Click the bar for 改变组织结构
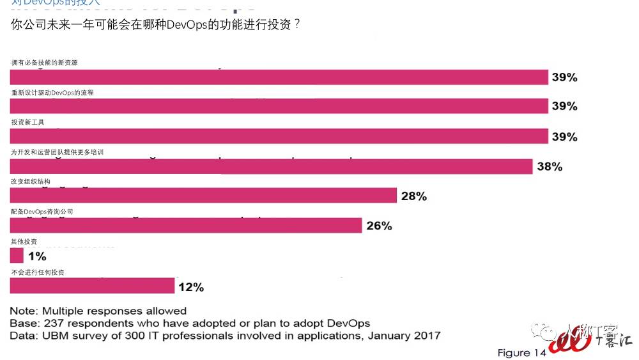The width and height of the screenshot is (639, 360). click(x=203, y=196)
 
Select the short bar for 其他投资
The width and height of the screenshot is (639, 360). click(x=17, y=256)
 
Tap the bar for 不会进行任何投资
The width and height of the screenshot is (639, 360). click(x=92, y=286)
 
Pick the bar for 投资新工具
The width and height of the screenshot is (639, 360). click(x=279, y=136)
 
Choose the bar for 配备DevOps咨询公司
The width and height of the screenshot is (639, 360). click(x=186, y=226)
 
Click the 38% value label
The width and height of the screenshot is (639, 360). click(x=550, y=167)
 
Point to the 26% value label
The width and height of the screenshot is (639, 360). click(x=379, y=226)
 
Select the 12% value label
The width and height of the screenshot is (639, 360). click(x=191, y=287)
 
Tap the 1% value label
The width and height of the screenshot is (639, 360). click(x=37, y=256)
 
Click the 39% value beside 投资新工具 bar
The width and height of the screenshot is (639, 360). click(x=564, y=137)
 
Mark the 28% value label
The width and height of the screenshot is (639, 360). click(x=413, y=196)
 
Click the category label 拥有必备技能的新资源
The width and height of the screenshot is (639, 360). click(x=45, y=63)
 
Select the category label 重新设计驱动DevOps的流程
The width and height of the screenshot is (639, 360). click(x=52, y=93)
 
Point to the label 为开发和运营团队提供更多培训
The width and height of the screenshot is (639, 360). click(x=57, y=152)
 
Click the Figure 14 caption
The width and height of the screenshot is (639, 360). click(x=521, y=353)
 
